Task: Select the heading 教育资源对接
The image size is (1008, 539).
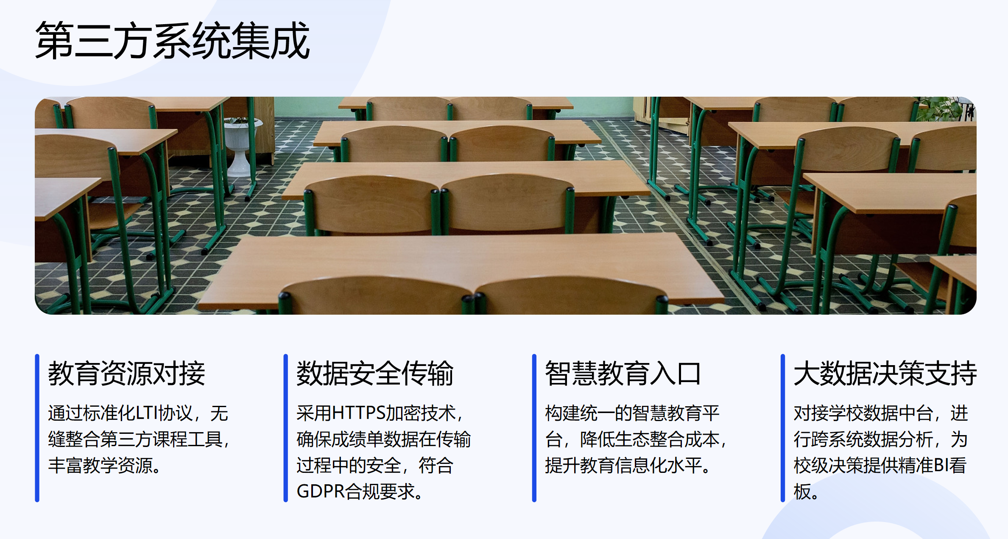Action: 126,374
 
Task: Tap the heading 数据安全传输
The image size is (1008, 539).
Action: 375,374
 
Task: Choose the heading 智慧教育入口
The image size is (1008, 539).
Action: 623,374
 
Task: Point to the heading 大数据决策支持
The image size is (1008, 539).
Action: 885,374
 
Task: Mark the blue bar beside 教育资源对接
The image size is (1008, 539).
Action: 37,428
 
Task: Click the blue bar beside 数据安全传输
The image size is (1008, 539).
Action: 286,428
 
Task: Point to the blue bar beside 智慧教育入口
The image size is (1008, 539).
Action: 534,428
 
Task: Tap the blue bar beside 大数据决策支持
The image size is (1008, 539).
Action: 783,428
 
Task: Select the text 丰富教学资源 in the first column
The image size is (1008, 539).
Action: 100,465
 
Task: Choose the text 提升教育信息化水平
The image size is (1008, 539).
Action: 623,465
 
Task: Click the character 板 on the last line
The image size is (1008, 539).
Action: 802,492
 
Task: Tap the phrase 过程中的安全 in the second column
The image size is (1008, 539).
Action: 349,465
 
